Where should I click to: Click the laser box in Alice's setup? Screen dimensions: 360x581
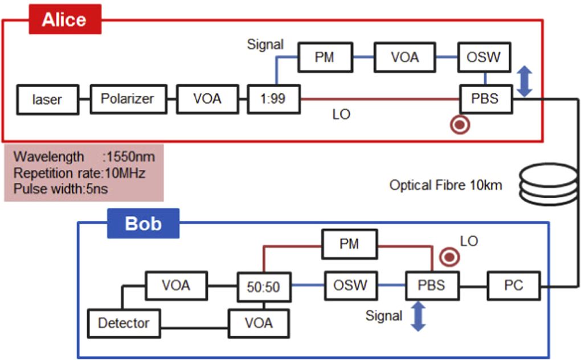pyautogui.click(x=48, y=99)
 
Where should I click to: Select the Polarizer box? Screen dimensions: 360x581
pyautogui.click(x=127, y=99)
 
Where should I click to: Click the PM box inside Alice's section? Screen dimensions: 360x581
pyautogui.click(x=326, y=57)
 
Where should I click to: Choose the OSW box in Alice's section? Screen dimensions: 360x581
pyautogui.click(x=484, y=57)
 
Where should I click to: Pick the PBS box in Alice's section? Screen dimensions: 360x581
pyautogui.click(x=484, y=99)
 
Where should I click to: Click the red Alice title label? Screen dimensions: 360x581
pyautogui.click(x=64, y=21)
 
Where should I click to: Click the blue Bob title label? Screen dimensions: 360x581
pyautogui.click(x=143, y=223)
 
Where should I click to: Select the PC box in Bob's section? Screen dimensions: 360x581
pyautogui.click(x=513, y=285)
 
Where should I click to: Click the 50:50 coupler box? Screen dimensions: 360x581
pyautogui.click(x=264, y=285)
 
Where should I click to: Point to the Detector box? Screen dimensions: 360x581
pyautogui.click(x=123, y=323)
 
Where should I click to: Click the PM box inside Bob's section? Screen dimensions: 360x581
pyautogui.click(x=349, y=244)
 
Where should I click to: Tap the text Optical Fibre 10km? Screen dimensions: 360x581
pyautogui.click(x=446, y=185)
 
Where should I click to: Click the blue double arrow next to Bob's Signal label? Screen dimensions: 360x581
pyautogui.click(x=419, y=316)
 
